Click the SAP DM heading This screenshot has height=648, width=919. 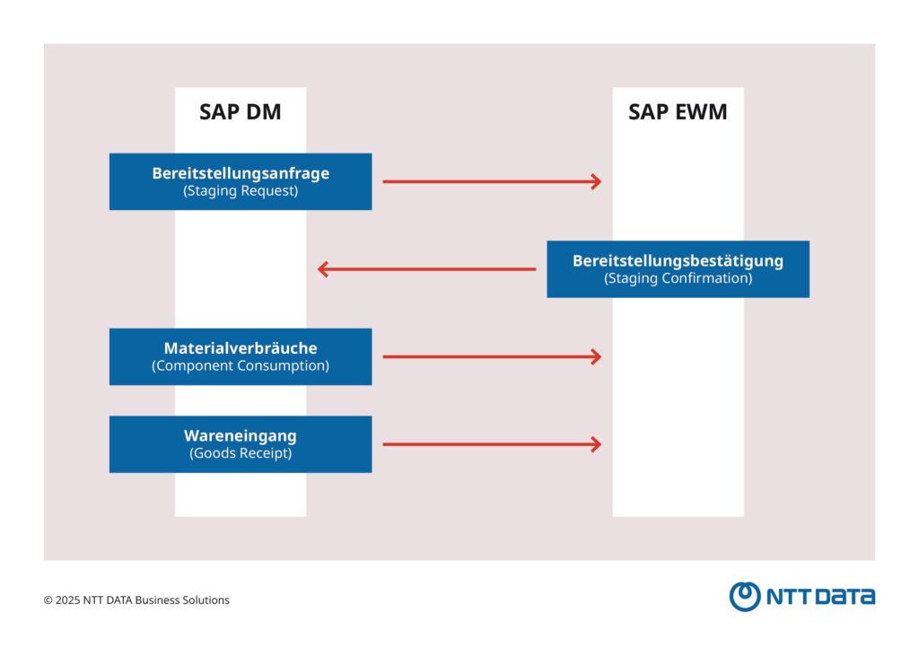click(x=240, y=113)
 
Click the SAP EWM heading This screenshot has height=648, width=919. click(x=678, y=113)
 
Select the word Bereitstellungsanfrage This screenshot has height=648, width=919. click(x=241, y=173)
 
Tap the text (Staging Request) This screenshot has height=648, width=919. click(x=241, y=191)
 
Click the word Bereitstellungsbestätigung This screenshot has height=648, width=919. click(x=678, y=261)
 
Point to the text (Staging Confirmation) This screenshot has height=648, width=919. click(x=678, y=278)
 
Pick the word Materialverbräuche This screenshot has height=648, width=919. click(x=241, y=348)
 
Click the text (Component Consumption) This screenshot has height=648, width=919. click(x=241, y=366)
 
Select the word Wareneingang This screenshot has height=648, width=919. click(x=241, y=435)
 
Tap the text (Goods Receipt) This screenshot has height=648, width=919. click(x=241, y=453)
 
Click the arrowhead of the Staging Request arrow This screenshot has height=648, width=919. click(x=595, y=182)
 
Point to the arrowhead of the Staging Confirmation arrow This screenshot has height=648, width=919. click(x=324, y=269)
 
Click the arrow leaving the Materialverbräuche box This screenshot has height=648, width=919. click(x=489, y=357)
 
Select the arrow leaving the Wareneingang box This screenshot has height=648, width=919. click(x=489, y=444)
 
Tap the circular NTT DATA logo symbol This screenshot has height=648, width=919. click(x=744, y=596)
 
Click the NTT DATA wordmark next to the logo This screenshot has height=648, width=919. click(x=819, y=597)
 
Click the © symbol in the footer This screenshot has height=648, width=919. click(x=48, y=600)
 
